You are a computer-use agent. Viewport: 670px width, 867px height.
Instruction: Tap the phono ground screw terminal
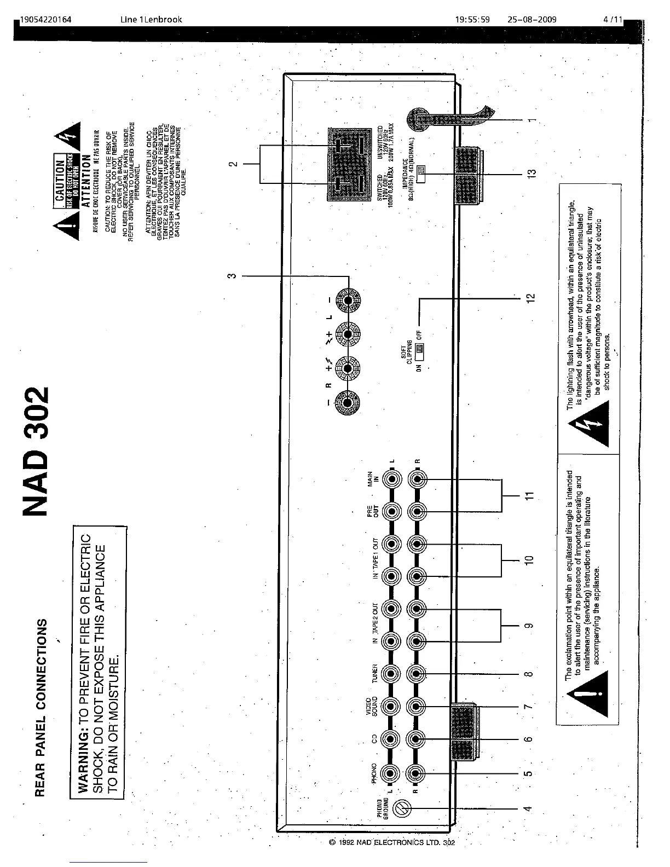[x=403, y=807]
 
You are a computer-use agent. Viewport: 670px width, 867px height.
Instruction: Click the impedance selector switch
[x=420, y=174]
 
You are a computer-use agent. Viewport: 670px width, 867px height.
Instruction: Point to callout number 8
[x=529, y=674]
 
